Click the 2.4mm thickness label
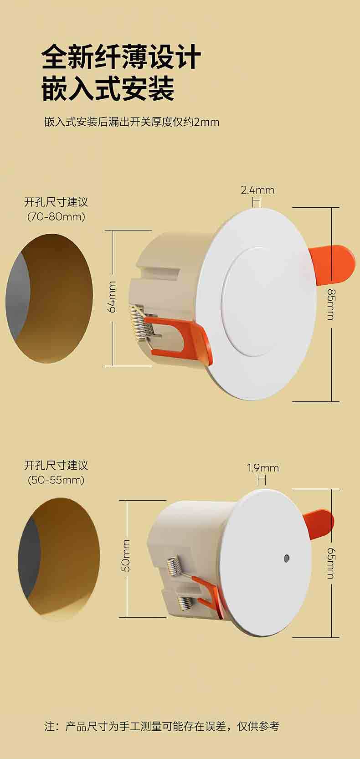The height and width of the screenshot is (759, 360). (x=257, y=190)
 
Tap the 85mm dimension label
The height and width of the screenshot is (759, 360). (x=330, y=304)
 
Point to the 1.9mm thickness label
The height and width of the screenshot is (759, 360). (x=263, y=468)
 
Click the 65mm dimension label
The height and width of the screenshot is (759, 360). (x=330, y=564)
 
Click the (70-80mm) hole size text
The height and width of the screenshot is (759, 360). (x=56, y=216)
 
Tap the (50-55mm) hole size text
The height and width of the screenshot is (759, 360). (x=56, y=480)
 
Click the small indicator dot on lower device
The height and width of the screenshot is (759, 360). (x=287, y=557)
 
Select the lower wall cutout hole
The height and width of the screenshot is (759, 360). (x=59, y=559)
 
